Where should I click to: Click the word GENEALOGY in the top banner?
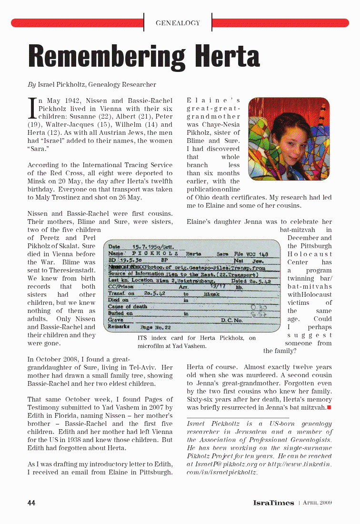click(178, 23)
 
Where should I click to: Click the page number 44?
click(31, 503)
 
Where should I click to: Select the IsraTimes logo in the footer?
click(273, 503)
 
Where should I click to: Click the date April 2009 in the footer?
click(317, 503)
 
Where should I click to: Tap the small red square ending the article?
click(329, 408)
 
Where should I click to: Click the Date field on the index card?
click(114, 247)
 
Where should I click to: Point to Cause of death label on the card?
click(128, 307)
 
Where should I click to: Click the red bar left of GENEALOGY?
click(76, 23)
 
